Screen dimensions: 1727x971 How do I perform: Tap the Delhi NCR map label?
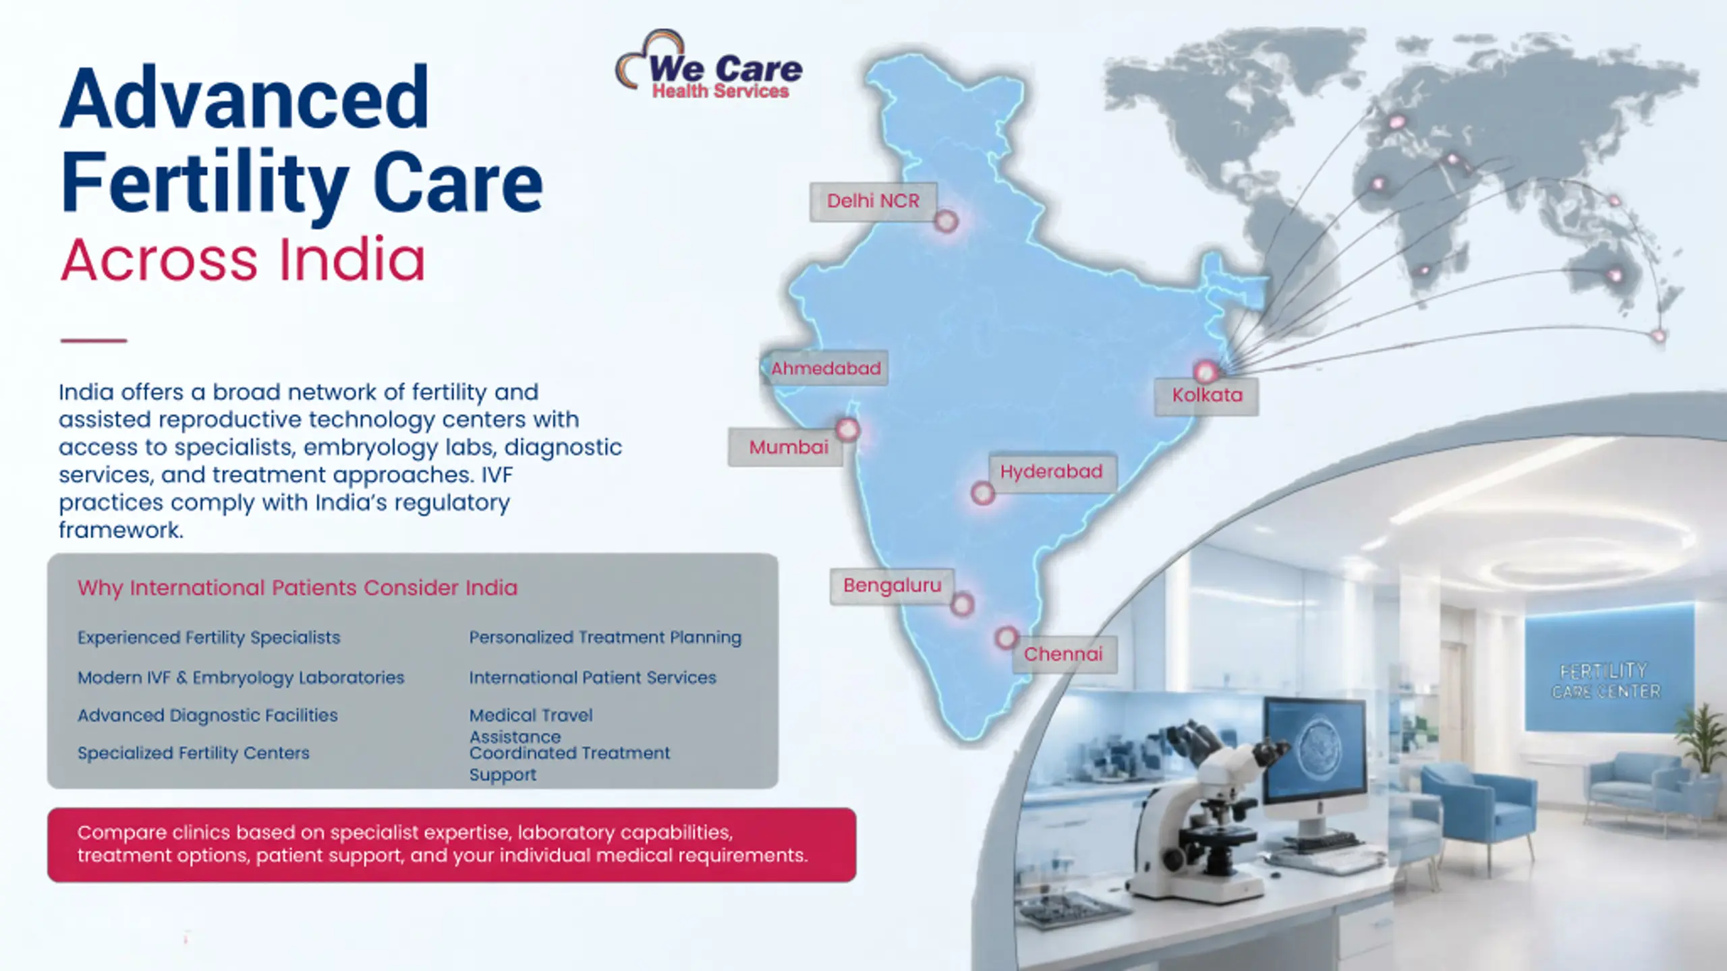[873, 201]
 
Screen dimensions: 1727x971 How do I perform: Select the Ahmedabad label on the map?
[825, 368]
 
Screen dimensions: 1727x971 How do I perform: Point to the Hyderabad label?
[1051, 472]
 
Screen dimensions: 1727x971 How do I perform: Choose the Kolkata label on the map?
[1206, 396]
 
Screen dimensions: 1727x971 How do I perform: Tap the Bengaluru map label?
[892, 586]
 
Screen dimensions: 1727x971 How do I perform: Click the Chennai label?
[1064, 654]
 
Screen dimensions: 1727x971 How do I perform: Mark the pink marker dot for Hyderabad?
[983, 494]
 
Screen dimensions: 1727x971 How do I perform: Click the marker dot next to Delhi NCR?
[946, 221]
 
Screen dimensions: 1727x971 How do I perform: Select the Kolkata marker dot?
[1206, 372]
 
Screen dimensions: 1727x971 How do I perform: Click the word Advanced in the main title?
[244, 98]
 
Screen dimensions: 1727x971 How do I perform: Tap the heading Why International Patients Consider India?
[298, 588]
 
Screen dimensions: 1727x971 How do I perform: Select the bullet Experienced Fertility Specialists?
[209, 638]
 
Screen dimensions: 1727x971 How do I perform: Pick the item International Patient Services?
[592, 677]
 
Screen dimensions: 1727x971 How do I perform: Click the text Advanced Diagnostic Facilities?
[208, 715]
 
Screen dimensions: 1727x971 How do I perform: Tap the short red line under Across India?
[93, 341]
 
